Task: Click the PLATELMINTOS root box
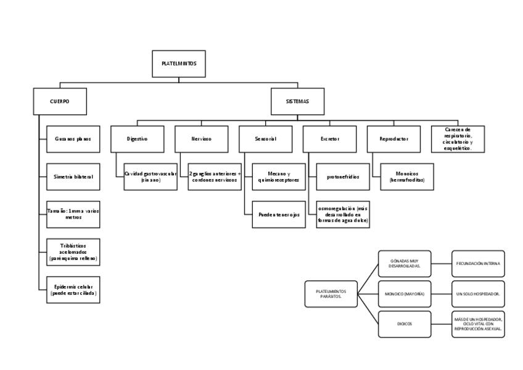179,64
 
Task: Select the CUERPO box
59,101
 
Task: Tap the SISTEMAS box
297,101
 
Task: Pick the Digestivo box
137,139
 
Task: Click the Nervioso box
201,139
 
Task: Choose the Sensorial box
265,139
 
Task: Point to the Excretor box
329,139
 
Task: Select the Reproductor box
393,139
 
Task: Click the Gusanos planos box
73,139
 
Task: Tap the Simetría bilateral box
73,177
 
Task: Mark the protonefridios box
343,177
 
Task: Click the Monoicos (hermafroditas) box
407,177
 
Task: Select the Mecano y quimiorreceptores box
279,177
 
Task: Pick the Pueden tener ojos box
279,214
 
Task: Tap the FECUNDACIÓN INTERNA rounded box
478,263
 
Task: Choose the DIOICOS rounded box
405,324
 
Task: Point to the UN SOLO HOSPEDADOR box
478,293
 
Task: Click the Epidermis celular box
73,290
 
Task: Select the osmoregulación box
343,214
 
